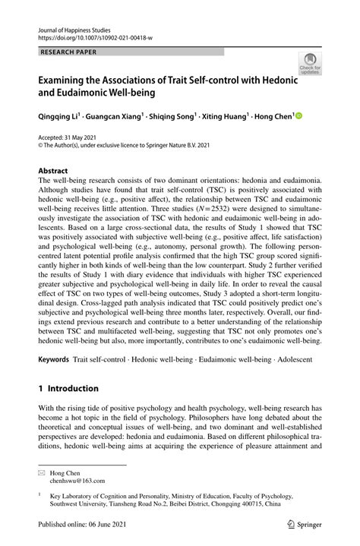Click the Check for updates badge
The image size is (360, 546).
click(x=310, y=64)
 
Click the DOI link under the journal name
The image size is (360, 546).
click(x=96, y=36)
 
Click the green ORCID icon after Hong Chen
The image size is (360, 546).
click(x=298, y=116)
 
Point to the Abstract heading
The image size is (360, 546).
click(x=55, y=172)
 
